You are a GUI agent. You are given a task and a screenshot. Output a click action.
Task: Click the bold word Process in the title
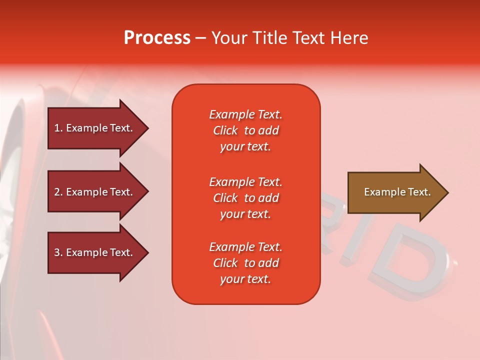click(157, 38)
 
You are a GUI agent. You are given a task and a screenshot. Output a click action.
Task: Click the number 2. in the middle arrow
click(58, 192)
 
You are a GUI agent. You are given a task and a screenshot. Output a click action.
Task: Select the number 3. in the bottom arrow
click(58, 252)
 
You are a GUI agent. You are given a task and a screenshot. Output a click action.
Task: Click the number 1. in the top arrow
click(58, 128)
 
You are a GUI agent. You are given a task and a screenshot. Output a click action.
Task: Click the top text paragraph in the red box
click(245, 130)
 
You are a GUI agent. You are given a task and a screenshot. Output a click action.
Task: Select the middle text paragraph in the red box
click(245, 198)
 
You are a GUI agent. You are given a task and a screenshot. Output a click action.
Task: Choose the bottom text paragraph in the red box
click(245, 263)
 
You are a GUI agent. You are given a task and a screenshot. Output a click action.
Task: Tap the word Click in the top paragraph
click(225, 130)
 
